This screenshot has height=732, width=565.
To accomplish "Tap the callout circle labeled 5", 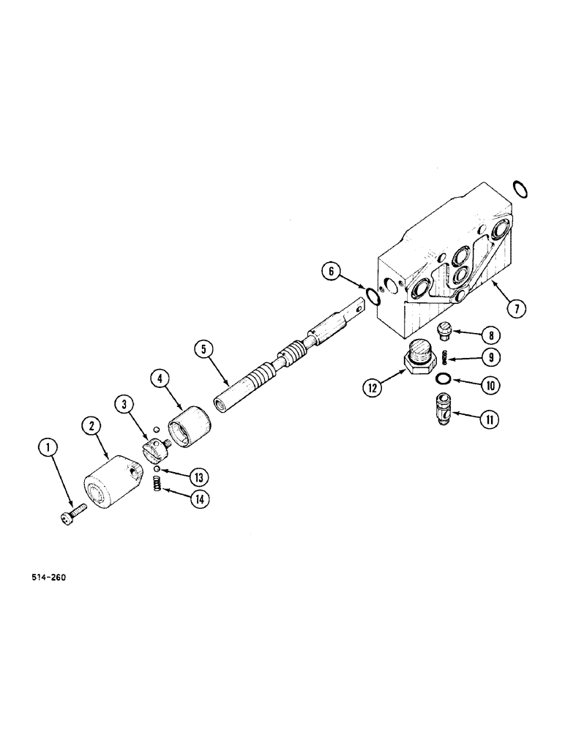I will pos(206,351).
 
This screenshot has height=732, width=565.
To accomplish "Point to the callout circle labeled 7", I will pos(516,308).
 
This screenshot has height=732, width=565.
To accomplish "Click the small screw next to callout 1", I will pos(72,518).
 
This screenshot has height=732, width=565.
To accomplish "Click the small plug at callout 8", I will pos(445,332).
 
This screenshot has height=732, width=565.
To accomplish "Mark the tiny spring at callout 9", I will pos(446,357).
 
